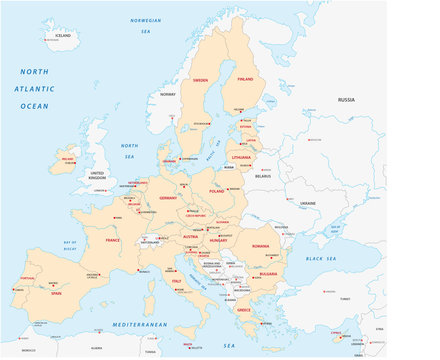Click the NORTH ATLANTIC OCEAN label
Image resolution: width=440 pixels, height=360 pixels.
(34, 88)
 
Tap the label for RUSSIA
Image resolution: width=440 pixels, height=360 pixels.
(346, 100)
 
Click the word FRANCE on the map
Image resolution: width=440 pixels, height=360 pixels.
(113, 241)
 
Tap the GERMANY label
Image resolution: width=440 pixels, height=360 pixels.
(168, 198)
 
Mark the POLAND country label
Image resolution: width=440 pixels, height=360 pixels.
(217, 190)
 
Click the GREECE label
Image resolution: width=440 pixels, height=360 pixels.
(243, 309)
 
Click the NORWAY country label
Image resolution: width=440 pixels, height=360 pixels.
(167, 94)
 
